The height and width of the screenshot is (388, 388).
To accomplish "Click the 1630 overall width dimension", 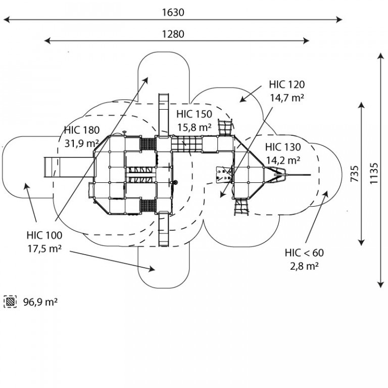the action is click(x=173, y=12).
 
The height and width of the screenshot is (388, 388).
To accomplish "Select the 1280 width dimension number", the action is click(x=173, y=34).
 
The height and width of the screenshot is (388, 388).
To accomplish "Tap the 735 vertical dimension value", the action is click(x=355, y=173).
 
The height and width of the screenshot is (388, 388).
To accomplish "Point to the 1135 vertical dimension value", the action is click(x=374, y=173).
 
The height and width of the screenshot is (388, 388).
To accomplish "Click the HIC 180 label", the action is click(x=82, y=130).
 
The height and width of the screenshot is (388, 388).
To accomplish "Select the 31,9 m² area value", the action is click(x=82, y=143).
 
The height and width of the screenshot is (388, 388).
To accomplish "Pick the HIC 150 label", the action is click(x=194, y=114).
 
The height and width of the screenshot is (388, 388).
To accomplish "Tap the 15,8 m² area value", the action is click(x=194, y=127).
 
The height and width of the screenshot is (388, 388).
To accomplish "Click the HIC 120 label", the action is click(x=287, y=84).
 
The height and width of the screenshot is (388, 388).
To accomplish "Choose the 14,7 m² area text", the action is click(x=287, y=98).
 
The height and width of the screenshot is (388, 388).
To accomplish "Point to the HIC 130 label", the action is click(x=283, y=147).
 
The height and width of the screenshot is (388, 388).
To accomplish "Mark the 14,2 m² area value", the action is click(x=283, y=160).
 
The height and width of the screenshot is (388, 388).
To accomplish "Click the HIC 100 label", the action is click(x=44, y=235).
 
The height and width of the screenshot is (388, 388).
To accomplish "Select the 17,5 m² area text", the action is click(x=44, y=249).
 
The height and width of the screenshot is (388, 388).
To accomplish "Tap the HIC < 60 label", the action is click(x=304, y=253).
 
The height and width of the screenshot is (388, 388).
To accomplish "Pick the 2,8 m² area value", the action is click(x=304, y=266).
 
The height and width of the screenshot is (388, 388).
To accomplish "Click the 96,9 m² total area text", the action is click(x=40, y=302).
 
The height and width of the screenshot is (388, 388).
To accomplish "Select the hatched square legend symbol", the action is click(x=11, y=302).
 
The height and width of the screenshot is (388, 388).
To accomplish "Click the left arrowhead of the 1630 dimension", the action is click(x=7, y=20).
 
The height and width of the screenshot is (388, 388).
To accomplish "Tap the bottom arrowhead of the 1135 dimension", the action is click(x=381, y=285).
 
